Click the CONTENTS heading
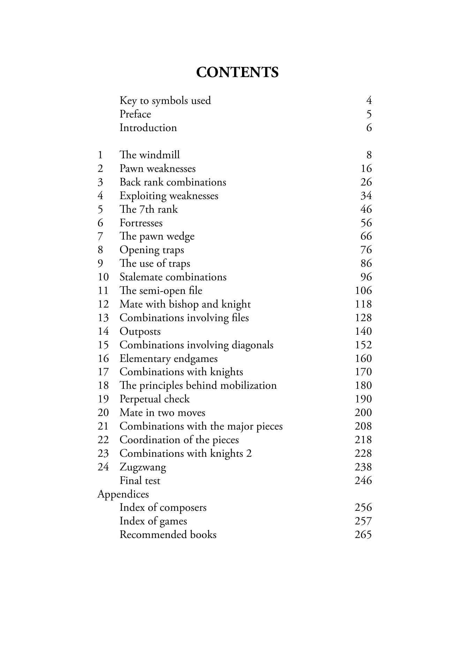(x=237, y=73)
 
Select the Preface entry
(x=135, y=114)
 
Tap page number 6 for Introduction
(x=369, y=128)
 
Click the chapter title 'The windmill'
(x=150, y=155)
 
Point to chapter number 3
(x=100, y=182)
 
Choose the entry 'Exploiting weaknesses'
(x=169, y=196)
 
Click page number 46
(x=366, y=209)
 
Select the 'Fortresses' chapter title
(x=141, y=223)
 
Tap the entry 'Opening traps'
(x=152, y=250)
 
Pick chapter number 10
(x=103, y=277)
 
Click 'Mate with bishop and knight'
(x=185, y=304)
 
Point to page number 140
(x=363, y=331)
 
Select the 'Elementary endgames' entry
(x=168, y=358)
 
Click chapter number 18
(x=103, y=386)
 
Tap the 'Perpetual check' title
(x=155, y=399)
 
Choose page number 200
(x=363, y=413)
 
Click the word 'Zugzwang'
(x=143, y=467)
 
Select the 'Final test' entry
(x=140, y=480)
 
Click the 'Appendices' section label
(x=123, y=494)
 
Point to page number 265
(x=363, y=535)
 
